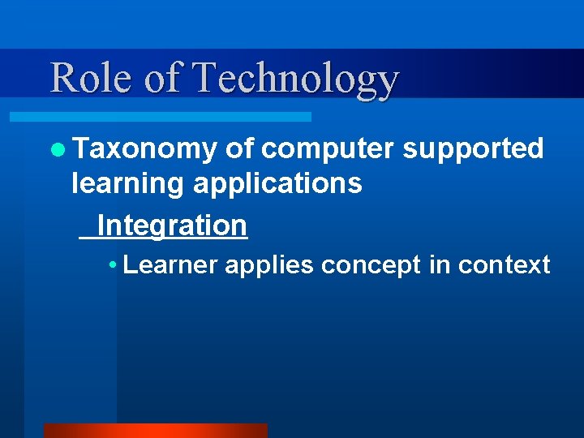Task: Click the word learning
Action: [x=129, y=185]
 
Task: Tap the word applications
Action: [x=277, y=185]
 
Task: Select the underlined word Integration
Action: [x=171, y=225]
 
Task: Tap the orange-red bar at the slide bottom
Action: [x=155, y=431]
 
